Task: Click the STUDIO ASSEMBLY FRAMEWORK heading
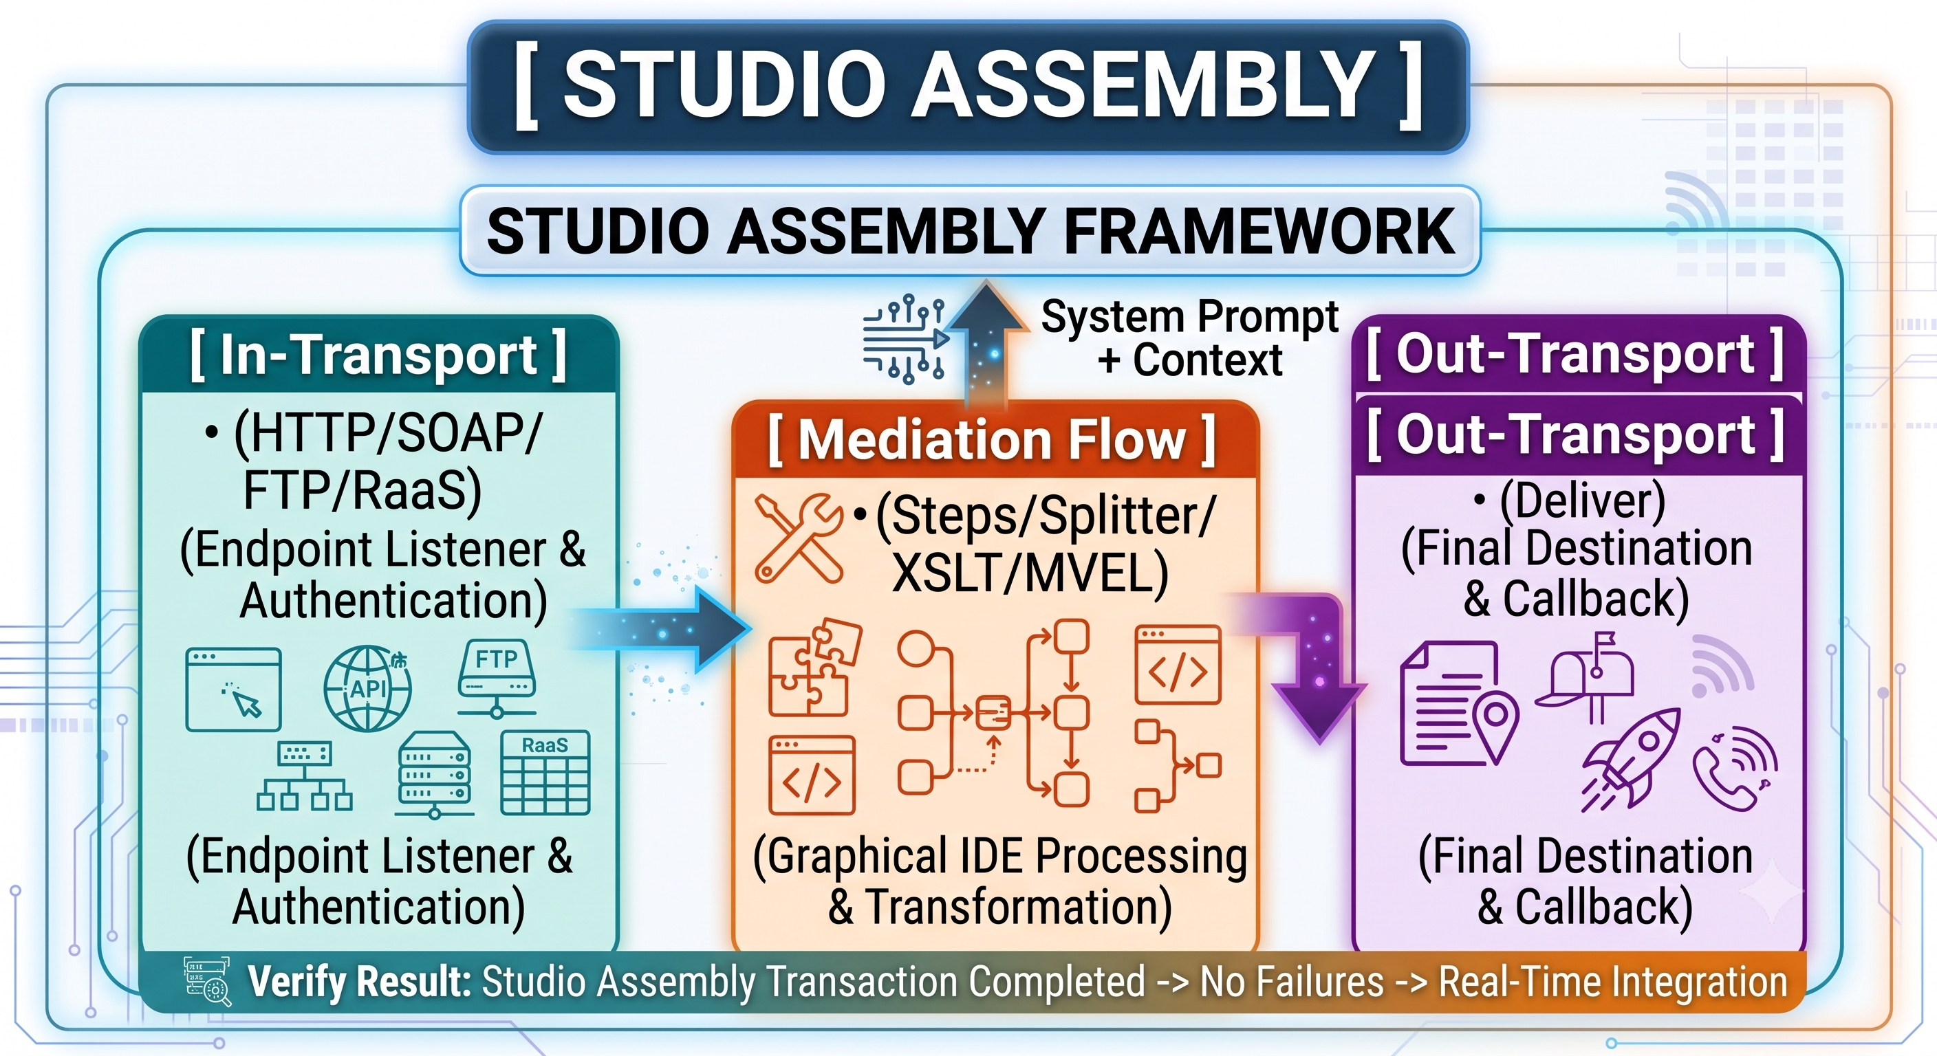970,232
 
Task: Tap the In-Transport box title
378,355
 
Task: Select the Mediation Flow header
992,441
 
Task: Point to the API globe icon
368,688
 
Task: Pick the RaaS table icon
545,773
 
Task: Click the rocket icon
1632,759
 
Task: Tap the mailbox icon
1587,676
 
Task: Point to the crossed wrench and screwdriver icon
799,538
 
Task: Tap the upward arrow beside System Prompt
986,342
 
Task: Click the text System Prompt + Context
1189,338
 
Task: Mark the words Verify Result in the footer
360,982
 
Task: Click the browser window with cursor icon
234,689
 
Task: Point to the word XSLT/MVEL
1030,574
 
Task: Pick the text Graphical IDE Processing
999,857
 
